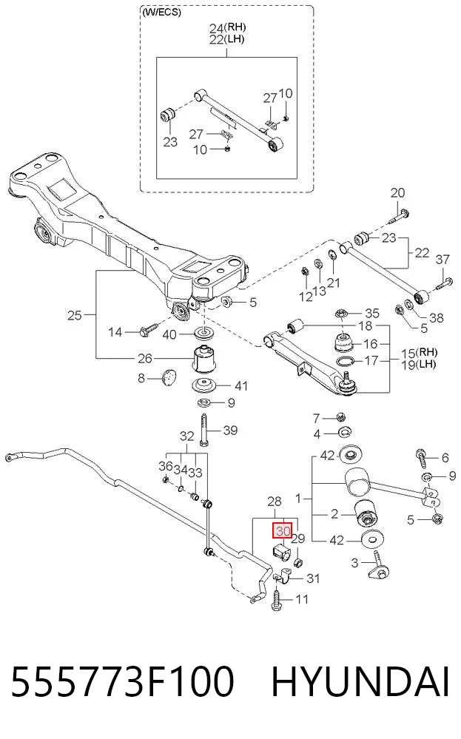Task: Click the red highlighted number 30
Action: point(283,530)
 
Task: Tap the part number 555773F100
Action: point(122,681)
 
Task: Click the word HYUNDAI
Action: point(360,681)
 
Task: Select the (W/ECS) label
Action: point(161,13)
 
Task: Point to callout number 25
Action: point(75,315)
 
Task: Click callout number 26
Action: point(145,359)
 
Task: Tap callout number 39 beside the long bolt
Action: point(230,431)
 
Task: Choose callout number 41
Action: point(241,386)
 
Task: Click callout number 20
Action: point(398,193)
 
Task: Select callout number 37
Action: point(443,259)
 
